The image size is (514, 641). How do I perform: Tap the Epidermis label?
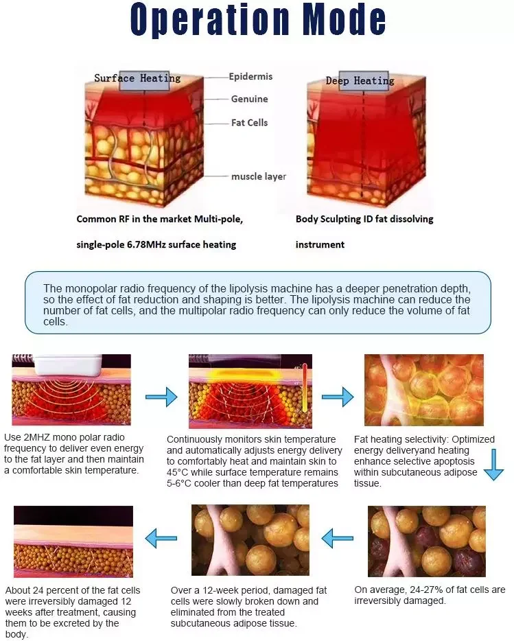tap(250, 77)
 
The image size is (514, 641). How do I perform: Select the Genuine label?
tap(249, 99)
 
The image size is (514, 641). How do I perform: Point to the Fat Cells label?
tap(249, 122)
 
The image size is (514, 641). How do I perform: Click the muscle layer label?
tap(259, 176)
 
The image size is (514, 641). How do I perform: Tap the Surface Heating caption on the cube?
tap(137, 78)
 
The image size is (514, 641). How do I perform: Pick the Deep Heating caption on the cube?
tap(360, 81)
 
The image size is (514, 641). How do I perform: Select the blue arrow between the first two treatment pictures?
tap(161, 396)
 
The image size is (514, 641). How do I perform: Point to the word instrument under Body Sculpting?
tap(320, 244)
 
